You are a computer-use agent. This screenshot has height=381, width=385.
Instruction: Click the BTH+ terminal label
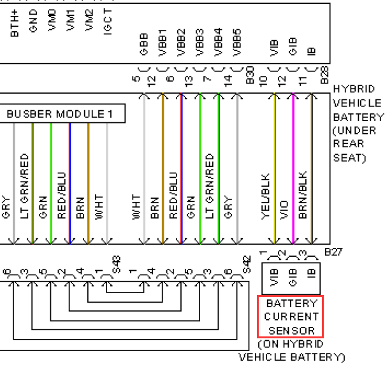coord(15,24)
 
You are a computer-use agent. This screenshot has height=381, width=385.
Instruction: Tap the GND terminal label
coord(33,21)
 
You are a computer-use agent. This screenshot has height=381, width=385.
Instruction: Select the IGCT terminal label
coord(108,22)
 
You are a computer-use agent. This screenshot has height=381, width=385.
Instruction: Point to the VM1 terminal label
coord(71,20)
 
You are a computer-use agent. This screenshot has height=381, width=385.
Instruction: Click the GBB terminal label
coord(144,44)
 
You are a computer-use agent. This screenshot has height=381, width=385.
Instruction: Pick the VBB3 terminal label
coord(200,43)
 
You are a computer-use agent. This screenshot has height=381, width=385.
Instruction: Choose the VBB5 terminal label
coord(237,43)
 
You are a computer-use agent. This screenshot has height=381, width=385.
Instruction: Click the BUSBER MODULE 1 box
coord(62,113)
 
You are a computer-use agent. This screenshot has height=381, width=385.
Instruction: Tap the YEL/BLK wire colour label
coord(266,196)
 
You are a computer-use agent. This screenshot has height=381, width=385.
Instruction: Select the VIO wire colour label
coord(284,210)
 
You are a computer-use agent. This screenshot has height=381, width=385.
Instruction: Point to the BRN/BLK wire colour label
coord(303,195)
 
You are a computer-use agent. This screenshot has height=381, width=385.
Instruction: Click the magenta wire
coord(293,169)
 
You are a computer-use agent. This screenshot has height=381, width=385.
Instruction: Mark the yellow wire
coord(274,169)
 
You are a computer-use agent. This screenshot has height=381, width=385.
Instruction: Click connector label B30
coord(250,75)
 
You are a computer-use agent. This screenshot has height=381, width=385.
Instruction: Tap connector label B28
coord(324,75)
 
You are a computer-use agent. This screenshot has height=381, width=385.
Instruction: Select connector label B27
coord(333,252)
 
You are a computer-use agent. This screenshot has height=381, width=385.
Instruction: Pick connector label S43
coord(117,264)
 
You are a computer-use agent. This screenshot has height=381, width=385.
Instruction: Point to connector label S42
coord(247,264)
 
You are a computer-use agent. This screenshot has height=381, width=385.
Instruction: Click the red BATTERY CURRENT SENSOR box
coord(291,317)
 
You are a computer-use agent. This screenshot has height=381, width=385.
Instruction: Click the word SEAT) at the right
coord(350,157)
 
